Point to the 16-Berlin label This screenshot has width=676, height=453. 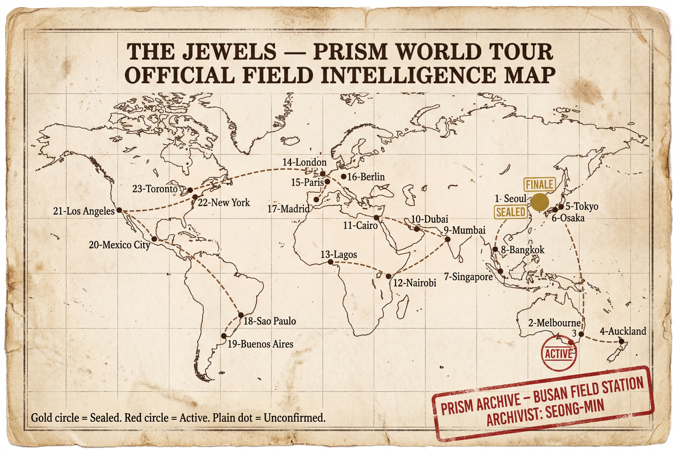tap(366, 177)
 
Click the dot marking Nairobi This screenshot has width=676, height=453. tap(389, 276)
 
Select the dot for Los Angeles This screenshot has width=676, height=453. tap(119, 210)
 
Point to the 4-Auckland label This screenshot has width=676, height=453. tap(623, 331)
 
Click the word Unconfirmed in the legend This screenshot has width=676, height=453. tap(294, 418)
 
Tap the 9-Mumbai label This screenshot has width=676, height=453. tap(465, 230)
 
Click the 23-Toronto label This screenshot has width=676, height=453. tap(155, 189)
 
